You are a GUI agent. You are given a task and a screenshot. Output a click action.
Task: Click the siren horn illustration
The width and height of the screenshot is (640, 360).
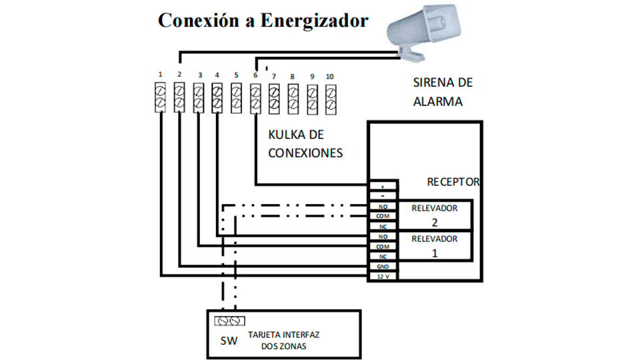pos(426,33)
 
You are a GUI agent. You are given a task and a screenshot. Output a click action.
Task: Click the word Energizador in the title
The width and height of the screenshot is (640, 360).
pos(313,21)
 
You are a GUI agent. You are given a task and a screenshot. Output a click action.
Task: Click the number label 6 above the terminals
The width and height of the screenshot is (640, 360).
pos(255,75)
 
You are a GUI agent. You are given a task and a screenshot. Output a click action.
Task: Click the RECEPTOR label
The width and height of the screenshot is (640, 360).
pos(453,181)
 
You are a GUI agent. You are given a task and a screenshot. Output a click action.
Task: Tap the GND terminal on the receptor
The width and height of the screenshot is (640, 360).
pos(383,266)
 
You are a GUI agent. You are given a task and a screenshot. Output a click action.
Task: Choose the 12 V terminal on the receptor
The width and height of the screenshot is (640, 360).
pos(383,276)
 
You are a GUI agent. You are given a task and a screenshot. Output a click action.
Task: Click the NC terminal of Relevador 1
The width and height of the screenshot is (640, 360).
pos(383,256)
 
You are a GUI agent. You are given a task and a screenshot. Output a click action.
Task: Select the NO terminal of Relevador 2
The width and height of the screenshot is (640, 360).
pos(383,207)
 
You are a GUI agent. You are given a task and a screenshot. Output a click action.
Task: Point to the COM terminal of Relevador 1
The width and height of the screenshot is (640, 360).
pos(383,246)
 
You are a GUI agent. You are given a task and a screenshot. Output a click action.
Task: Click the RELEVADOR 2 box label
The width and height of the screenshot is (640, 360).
pos(434,213)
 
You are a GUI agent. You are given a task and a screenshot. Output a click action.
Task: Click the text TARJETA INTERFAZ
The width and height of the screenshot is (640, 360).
pos(283,335)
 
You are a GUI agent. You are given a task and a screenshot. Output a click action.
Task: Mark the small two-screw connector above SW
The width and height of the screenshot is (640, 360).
pos(229,321)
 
